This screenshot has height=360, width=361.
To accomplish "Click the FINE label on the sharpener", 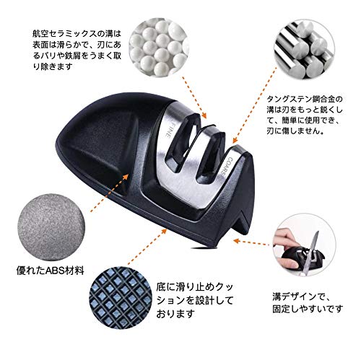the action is pyautogui.click(x=167, y=130).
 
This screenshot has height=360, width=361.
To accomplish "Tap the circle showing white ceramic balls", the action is pyautogui.click(x=159, y=47).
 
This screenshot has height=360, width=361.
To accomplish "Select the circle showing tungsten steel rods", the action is pyautogui.click(x=305, y=50).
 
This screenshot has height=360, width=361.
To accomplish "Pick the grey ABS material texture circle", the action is pyautogui.click(x=51, y=227).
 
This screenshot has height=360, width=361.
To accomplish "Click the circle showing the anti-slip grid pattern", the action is pyautogui.click(x=121, y=297).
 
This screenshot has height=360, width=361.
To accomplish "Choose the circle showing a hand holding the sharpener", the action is pyautogui.click(x=304, y=245).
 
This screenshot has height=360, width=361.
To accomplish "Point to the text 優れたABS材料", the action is pyautogui.click(x=51, y=271).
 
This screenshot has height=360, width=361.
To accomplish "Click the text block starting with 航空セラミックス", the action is pyautogui.click(x=77, y=50).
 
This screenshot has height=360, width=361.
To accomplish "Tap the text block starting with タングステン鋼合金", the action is pyautogui.click(x=305, y=115).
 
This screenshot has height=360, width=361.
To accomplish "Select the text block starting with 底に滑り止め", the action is pyautogui.click(x=195, y=300).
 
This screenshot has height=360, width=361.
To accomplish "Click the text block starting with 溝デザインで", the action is pyautogui.click(x=308, y=302).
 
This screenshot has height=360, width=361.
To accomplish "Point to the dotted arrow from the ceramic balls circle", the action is pyautogui.click(x=194, y=97).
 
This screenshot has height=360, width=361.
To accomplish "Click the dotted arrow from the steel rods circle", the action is pyautogui.click(x=255, y=106).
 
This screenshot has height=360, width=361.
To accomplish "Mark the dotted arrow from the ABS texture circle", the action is pyautogui.click(x=109, y=193).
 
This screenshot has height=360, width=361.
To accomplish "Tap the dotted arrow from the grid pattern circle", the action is pyautogui.click(x=147, y=247).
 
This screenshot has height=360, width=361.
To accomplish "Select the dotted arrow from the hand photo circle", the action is pyautogui.click(x=251, y=242).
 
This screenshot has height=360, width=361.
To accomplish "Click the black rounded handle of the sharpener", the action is pyautogui.click(x=101, y=144).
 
